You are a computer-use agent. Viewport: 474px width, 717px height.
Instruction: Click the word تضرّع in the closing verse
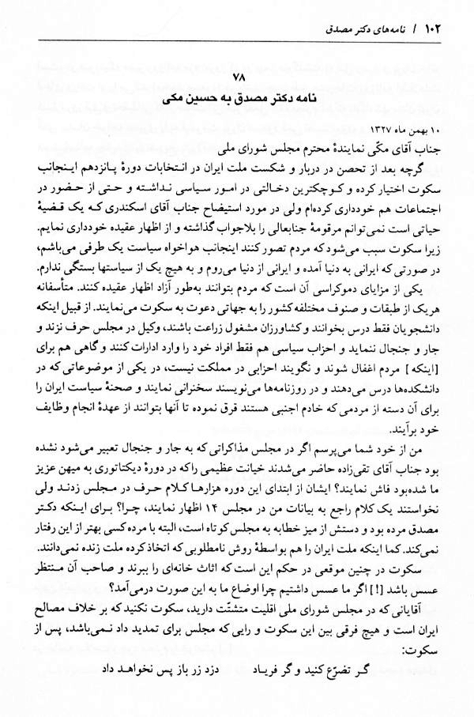click(385, 679)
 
